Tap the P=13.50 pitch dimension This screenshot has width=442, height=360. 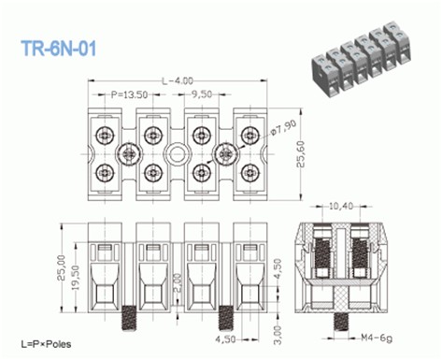click(129, 94)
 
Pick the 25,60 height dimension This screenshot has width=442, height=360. click(303, 150)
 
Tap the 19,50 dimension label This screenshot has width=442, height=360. click(75, 281)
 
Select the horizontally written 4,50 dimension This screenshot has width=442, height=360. click(226, 338)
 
